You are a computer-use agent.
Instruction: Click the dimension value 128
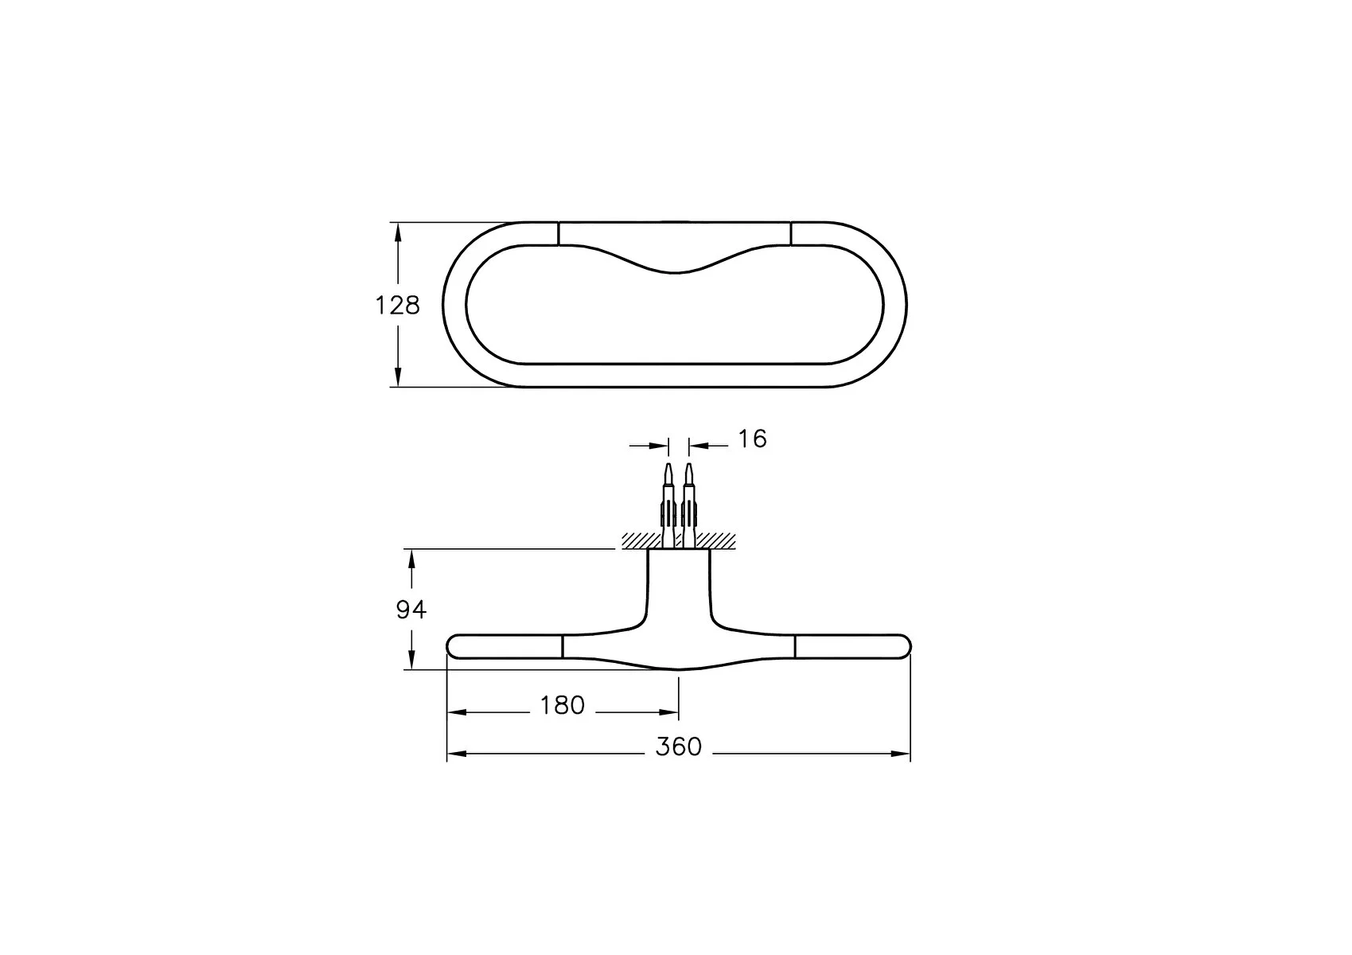397,306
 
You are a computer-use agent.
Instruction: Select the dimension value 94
411,610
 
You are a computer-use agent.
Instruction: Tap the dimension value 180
562,705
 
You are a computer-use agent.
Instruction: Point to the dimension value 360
679,747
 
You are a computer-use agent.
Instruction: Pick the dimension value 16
752,439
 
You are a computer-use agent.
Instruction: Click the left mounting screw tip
668,466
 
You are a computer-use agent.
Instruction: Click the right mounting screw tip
688,466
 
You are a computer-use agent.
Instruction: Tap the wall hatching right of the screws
715,540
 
